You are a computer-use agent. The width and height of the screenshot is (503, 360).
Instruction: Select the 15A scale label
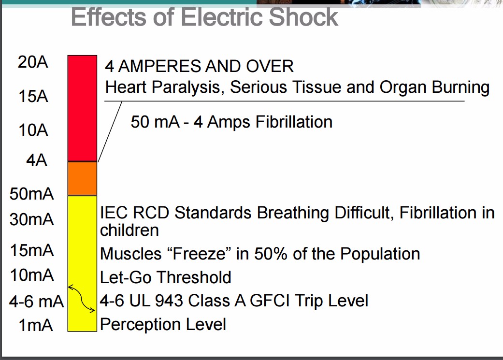(34, 96)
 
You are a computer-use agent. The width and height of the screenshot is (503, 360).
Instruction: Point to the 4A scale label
(36, 160)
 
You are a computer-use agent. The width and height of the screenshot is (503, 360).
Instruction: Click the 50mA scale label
(32, 194)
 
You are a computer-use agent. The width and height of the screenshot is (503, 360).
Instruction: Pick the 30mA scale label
(32, 220)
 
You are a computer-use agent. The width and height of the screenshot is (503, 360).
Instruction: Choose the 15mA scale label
(32, 251)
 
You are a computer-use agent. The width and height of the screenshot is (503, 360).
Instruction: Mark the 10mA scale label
(32, 275)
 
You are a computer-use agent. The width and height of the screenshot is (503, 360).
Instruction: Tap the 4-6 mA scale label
(36, 302)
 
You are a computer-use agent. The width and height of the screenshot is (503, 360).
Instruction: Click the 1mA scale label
(35, 326)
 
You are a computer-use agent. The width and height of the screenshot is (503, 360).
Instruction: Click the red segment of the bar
(82, 108)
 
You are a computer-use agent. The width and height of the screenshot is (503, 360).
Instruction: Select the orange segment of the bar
(82, 178)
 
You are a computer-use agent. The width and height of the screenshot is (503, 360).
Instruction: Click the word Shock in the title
(303, 17)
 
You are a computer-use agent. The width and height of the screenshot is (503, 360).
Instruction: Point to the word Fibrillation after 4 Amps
(294, 121)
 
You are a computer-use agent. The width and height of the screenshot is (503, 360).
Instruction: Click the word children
(129, 230)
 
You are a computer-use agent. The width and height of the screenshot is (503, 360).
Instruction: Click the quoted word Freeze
(201, 253)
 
